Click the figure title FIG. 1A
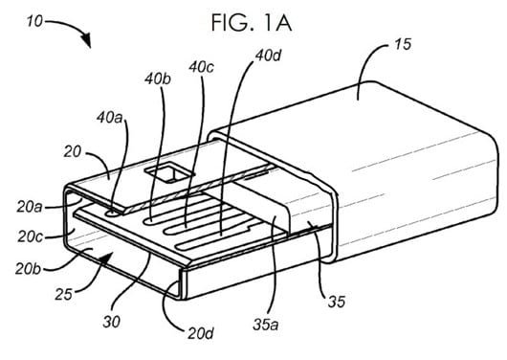coord(252,23)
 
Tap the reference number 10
coord(34,22)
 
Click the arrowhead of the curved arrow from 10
coord(86,40)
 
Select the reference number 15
coord(403,44)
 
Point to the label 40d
coord(268,56)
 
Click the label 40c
coord(201,67)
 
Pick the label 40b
coord(158,79)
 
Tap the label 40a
coord(110,118)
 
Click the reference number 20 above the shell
coord(72,152)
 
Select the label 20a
coord(30,207)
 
